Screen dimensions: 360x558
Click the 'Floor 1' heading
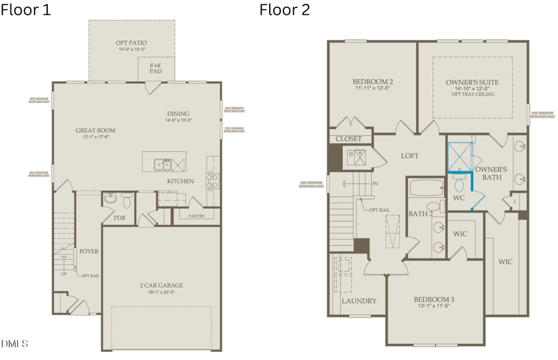point(26,10)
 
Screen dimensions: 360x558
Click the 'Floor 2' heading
point(285,10)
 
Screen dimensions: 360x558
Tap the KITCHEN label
point(180,181)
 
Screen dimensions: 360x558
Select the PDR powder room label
point(120,218)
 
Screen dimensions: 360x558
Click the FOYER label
point(89,251)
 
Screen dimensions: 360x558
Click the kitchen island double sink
point(163,164)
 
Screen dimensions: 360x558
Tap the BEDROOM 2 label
point(373,82)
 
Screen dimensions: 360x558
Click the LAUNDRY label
point(359,301)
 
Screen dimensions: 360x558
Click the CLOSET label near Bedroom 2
point(348,139)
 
